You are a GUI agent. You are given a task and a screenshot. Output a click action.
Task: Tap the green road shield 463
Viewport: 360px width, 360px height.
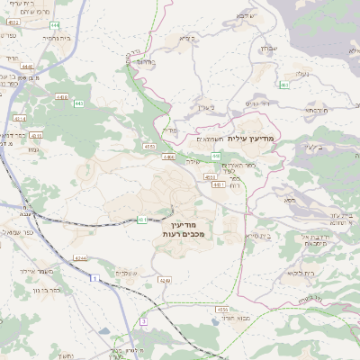283,85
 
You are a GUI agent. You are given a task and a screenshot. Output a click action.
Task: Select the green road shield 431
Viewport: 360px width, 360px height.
143,219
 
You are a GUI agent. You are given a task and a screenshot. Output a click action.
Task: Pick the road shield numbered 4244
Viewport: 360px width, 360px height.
81,258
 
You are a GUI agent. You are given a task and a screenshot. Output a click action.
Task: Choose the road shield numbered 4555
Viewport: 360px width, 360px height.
221,308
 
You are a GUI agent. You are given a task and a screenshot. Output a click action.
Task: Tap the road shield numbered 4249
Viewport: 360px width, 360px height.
165,281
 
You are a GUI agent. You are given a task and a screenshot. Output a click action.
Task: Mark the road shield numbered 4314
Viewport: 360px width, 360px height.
20,118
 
